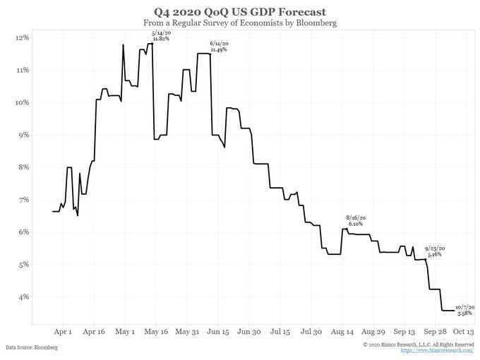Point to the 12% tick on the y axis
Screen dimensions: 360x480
tap(23, 37)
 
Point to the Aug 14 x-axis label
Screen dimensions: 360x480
tap(341, 330)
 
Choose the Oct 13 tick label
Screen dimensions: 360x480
tap(462, 330)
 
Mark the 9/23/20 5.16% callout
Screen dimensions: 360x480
tap(435, 251)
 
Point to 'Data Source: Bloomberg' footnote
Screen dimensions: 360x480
tap(32, 348)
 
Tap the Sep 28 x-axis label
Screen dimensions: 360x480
tap(432, 330)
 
